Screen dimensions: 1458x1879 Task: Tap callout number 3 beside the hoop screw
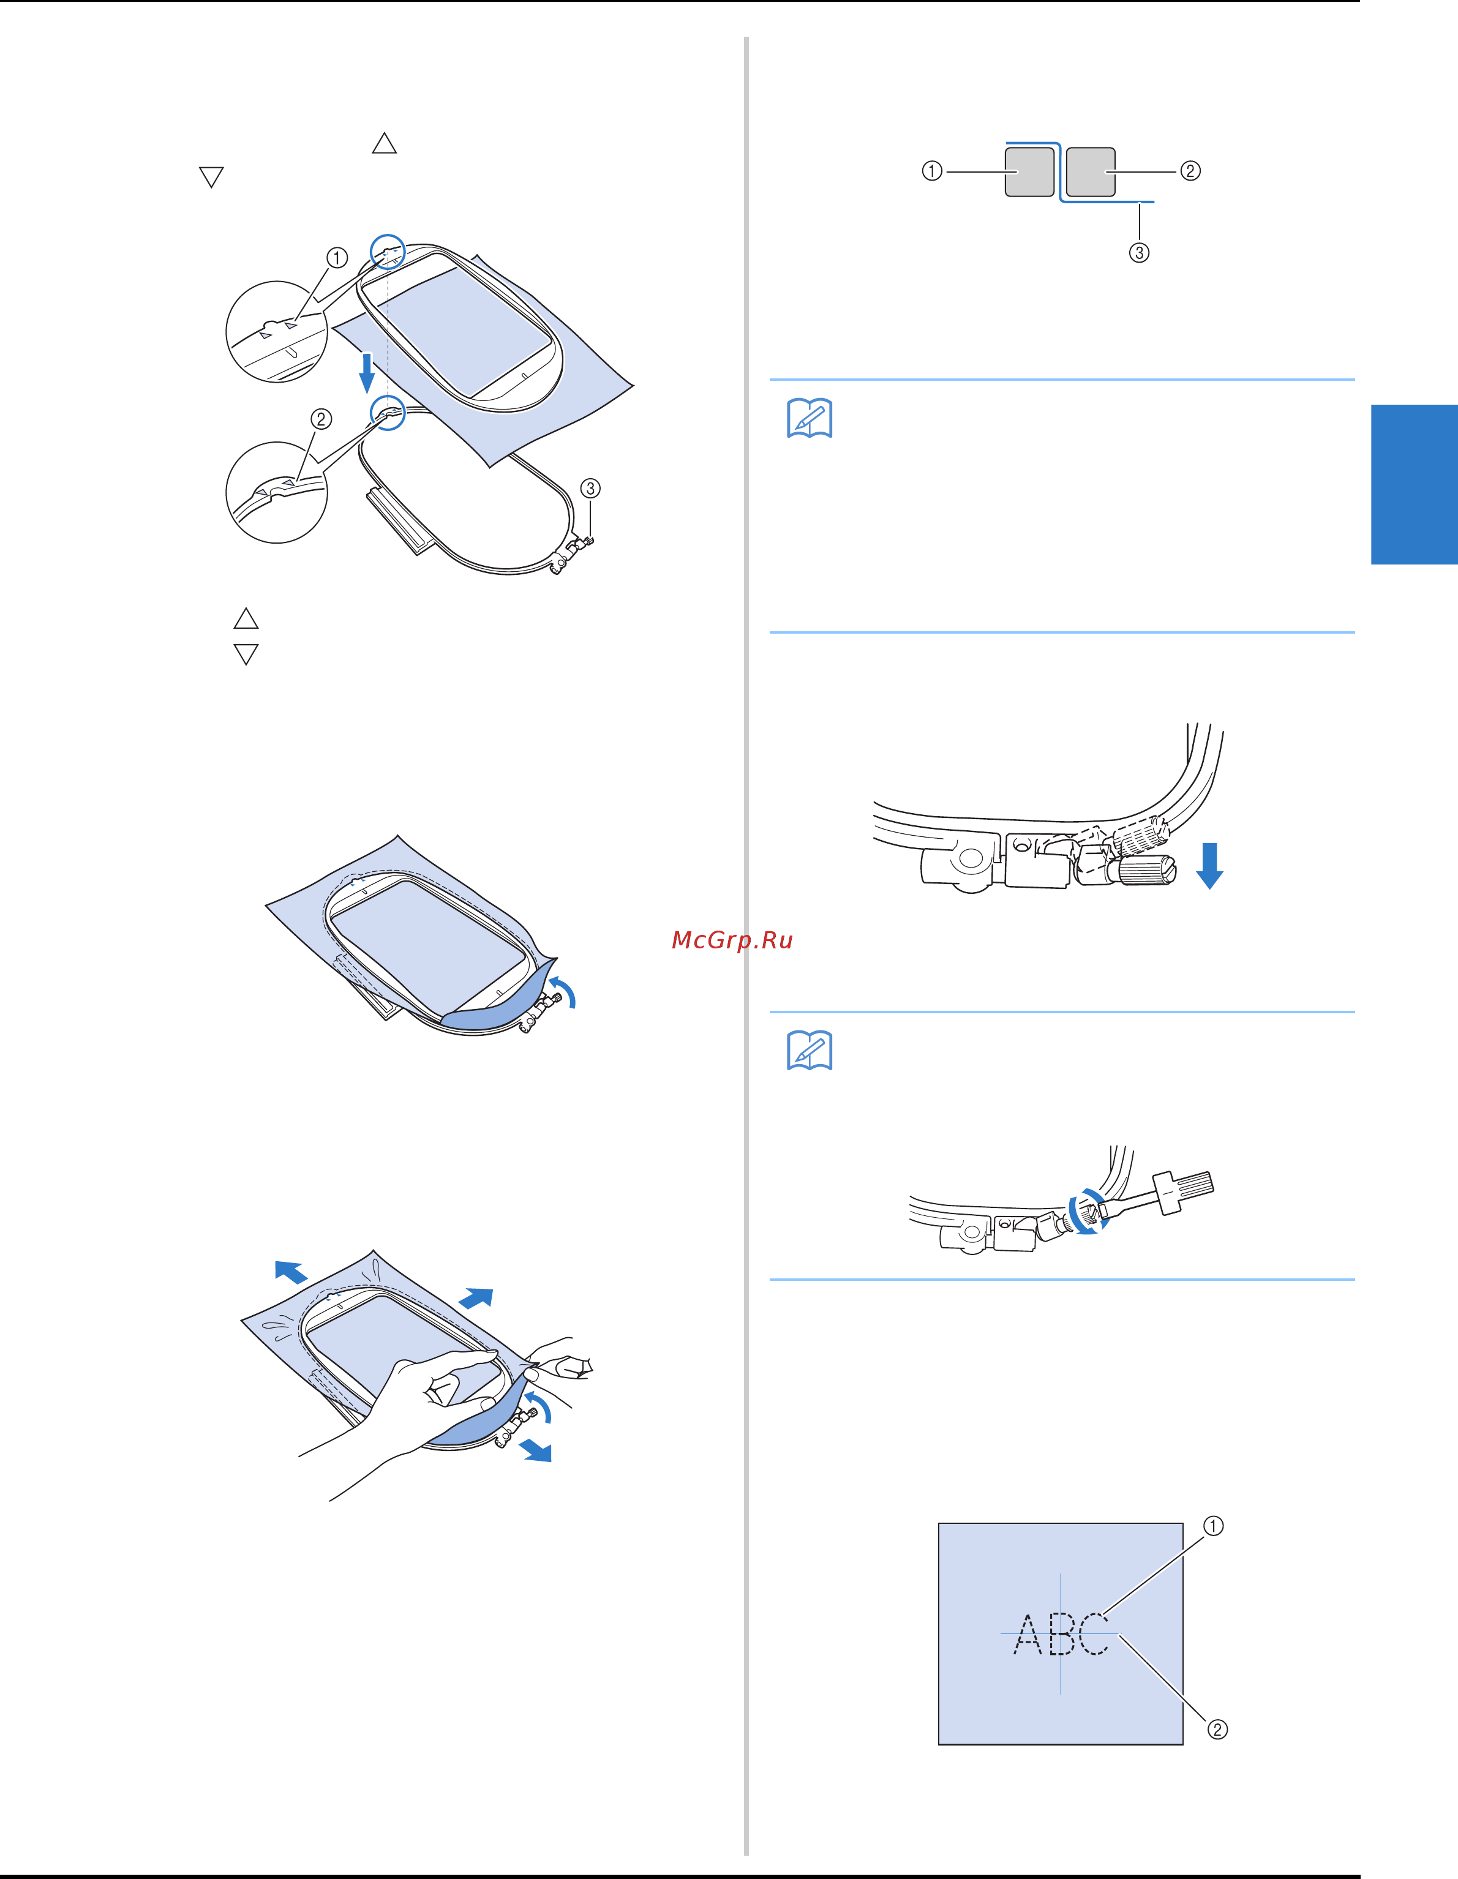[590, 488]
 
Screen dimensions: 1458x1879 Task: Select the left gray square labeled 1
[1029, 172]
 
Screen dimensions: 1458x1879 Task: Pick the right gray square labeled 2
[1091, 172]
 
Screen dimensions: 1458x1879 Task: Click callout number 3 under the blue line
[1139, 252]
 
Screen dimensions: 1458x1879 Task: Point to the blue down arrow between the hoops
[367, 372]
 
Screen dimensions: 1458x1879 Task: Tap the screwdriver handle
[1184, 1191]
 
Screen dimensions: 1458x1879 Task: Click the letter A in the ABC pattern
[1028, 1635]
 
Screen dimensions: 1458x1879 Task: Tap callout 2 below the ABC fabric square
[1217, 1729]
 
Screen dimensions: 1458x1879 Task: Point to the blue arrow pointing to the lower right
[536, 1450]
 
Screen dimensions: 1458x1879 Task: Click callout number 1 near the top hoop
[337, 257]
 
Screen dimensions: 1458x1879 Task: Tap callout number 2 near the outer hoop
[321, 419]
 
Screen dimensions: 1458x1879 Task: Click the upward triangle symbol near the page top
[384, 144]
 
